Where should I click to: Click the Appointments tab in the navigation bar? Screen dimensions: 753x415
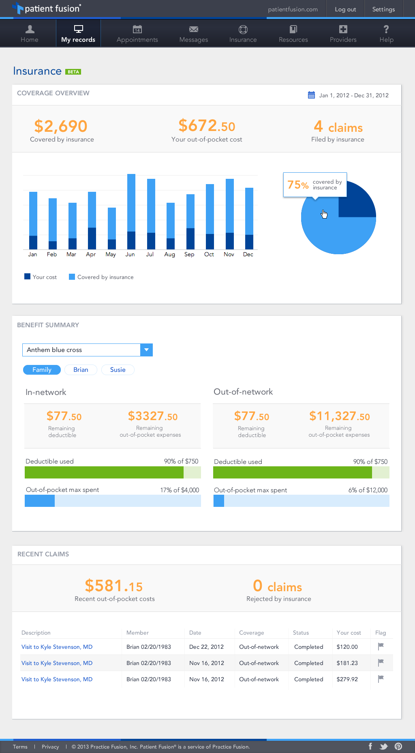(137, 34)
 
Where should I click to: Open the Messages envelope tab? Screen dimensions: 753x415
(194, 34)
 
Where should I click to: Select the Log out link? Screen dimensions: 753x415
(345, 9)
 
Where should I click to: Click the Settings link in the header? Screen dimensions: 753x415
(383, 9)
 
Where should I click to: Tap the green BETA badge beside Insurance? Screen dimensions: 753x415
(73, 72)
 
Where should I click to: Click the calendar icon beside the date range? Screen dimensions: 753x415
(311, 95)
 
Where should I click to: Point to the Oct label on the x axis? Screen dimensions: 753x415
(209, 254)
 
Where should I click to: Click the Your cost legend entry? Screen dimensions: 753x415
(41, 277)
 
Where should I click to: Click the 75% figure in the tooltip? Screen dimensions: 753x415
(298, 185)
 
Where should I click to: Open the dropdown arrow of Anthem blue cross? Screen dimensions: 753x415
(146, 350)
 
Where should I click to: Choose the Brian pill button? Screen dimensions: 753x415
(81, 370)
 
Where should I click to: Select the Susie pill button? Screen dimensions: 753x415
(118, 370)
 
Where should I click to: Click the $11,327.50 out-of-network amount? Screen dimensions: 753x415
(339, 416)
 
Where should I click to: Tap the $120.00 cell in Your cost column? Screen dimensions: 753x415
(347, 647)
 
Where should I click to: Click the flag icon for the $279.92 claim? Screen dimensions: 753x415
(381, 679)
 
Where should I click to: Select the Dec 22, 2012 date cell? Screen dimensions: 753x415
(206, 647)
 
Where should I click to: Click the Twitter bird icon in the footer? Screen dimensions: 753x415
(383, 747)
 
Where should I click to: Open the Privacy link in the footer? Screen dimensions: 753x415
(50, 747)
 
